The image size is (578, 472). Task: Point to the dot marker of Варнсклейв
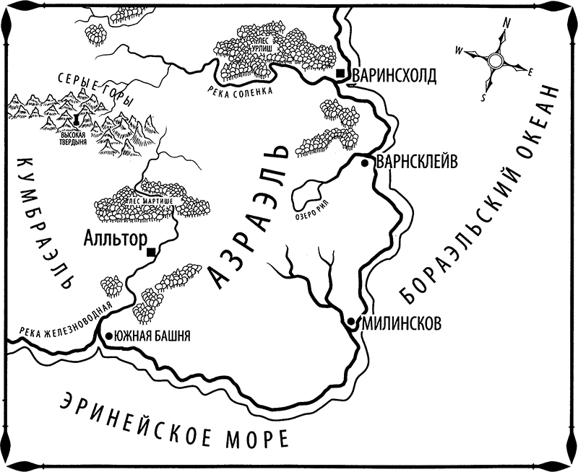pyautogui.click(x=366, y=164)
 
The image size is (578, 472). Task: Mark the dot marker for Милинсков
pyautogui.click(x=350, y=321)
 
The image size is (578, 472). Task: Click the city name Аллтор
pyautogui.click(x=116, y=237)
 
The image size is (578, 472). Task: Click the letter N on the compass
pyautogui.click(x=507, y=24)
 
